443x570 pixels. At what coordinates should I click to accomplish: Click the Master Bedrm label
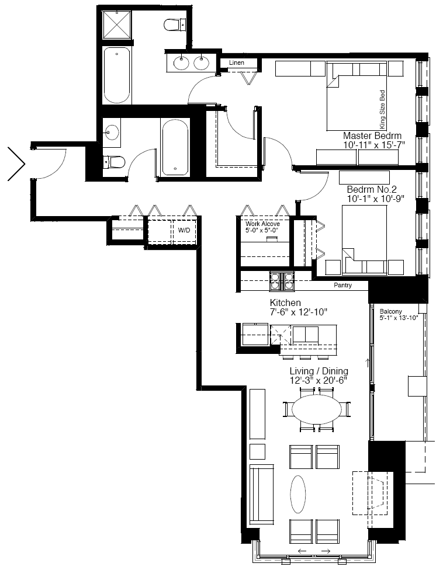tap(372, 135)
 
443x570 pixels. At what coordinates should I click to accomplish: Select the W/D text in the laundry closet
tap(184, 230)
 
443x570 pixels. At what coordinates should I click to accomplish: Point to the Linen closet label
tap(237, 62)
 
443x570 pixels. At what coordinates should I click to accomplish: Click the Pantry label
tap(342, 286)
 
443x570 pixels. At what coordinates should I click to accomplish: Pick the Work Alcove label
tap(262, 224)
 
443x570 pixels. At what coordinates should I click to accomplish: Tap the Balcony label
tap(390, 311)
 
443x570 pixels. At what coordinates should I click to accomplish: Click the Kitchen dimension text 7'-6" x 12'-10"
tap(299, 312)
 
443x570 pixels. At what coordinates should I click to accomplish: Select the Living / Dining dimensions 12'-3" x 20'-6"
tap(319, 380)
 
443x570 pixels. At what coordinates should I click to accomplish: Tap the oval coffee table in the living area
tap(298, 494)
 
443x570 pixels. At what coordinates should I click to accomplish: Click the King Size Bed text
tap(382, 109)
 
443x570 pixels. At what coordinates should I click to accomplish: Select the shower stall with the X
tap(117, 25)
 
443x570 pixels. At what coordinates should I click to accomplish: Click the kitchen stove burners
tap(282, 281)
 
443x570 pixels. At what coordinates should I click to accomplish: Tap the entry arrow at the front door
tap(16, 164)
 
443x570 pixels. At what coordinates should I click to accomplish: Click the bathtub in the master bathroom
tap(117, 75)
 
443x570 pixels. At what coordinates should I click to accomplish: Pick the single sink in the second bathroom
tap(111, 132)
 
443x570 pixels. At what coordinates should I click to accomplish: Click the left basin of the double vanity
tap(181, 63)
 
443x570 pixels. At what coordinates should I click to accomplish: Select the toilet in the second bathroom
tap(114, 162)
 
